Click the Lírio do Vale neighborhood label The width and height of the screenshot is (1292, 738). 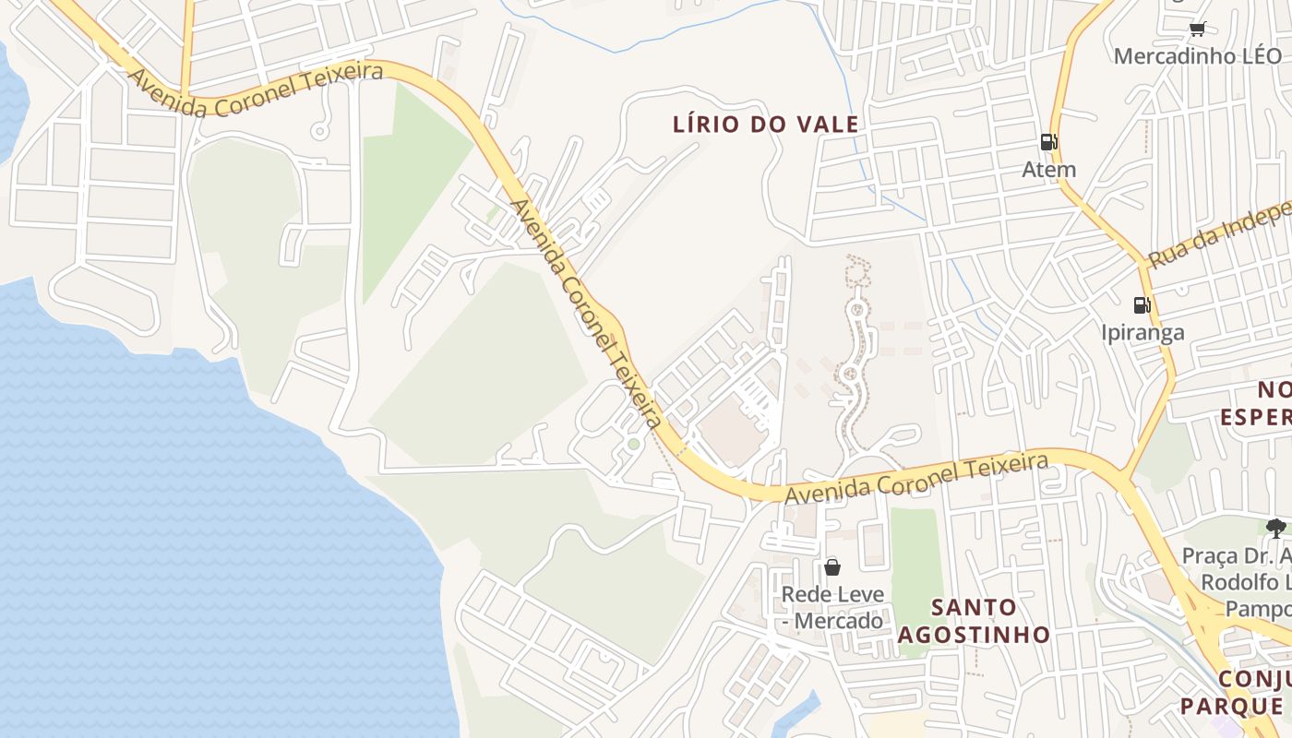pos(767,124)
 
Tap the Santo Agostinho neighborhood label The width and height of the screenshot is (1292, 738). pos(974,621)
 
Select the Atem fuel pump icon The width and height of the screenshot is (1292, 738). pos(1048,142)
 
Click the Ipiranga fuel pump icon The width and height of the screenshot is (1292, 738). pos(1142,304)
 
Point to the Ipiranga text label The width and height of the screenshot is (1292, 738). pos(1142,332)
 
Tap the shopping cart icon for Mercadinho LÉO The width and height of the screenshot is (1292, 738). pos(1198,29)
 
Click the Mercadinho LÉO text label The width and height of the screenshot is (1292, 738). pos(1198,56)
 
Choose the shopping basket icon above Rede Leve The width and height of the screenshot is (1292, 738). pos(832,566)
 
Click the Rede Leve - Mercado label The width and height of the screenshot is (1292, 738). pos(832,608)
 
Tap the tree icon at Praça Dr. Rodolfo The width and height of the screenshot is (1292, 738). pos(1276,529)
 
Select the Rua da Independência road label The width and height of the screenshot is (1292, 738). pos(1218,234)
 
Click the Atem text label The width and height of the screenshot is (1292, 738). pos(1049,170)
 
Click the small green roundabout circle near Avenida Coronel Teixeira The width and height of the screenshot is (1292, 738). pos(633,445)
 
